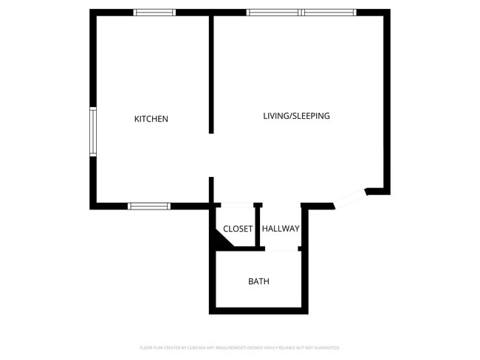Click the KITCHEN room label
tap(151, 119)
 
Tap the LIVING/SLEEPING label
tap(296, 116)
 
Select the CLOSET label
tap(238, 229)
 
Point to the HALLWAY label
tap(281, 229)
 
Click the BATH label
tap(258, 281)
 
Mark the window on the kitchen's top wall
tap(154, 13)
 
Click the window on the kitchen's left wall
tap(93, 131)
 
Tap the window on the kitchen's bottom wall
tap(149, 206)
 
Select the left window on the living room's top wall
tap(273, 13)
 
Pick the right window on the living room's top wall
tap(329, 13)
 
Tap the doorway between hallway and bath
tap(281, 249)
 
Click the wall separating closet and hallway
tap(257, 225)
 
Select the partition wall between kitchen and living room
tap(211, 74)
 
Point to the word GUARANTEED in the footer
tap(327, 347)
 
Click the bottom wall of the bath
tap(258, 311)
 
